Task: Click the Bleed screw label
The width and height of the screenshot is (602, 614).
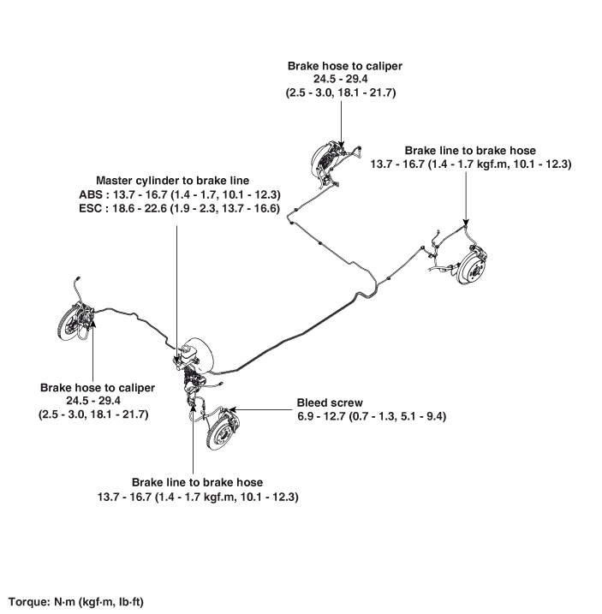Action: pyautogui.click(x=330, y=402)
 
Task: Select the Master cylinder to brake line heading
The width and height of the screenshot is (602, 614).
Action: pyautogui.click(x=172, y=181)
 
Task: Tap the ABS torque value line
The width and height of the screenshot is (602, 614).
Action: pyautogui.click(x=180, y=194)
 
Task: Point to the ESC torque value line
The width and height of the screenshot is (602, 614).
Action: pyautogui.click(x=179, y=208)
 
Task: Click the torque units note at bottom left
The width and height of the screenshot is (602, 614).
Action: pyautogui.click(x=76, y=601)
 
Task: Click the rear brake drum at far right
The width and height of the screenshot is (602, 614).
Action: pyautogui.click(x=472, y=264)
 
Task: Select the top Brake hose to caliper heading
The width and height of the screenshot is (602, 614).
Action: pyautogui.click(x=344, y=66)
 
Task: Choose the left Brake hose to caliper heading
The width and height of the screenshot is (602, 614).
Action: pyautogui.click(x=98, y=388)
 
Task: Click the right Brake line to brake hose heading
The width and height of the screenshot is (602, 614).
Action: pyautogui.click(x=470, y=151)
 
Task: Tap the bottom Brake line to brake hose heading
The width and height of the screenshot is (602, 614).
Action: pyautogui.click(x=197, y=482)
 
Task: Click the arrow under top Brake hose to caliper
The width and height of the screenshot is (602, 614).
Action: pyautogui.click(x=341, y=124)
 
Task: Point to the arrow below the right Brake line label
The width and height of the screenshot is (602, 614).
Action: pyautogui.click(x=466, y=200)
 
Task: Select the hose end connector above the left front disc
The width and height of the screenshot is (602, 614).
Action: pyautogui.click(x=78, y=278)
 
